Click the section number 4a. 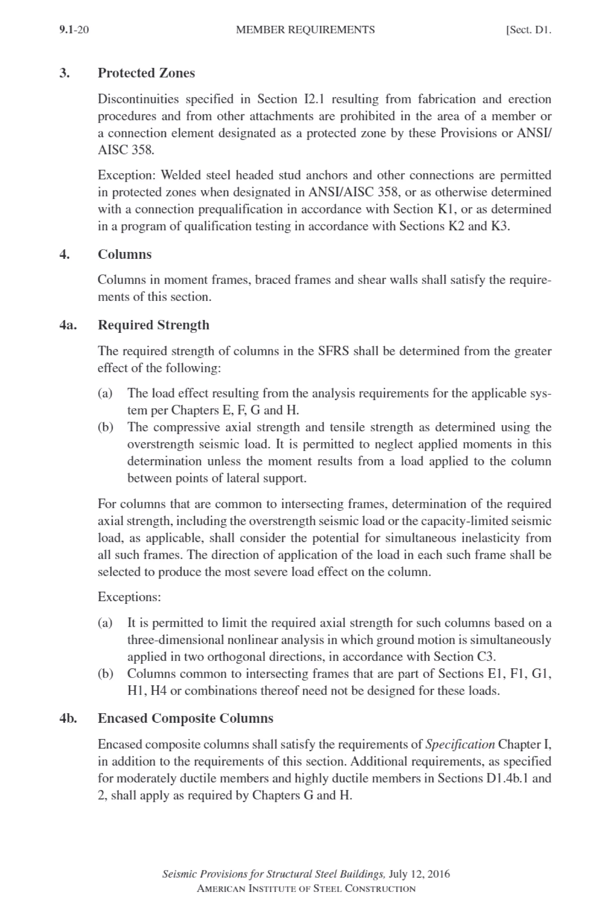pos(68,325)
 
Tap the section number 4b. pos(68,718)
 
